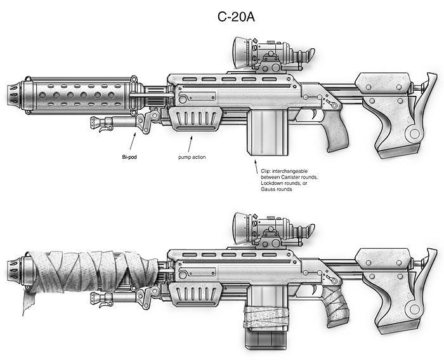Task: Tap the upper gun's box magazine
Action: click(x=261, y=130)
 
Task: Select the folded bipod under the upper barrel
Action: click(x=117, y=123)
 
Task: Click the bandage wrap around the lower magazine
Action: click(x=261, y=316)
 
